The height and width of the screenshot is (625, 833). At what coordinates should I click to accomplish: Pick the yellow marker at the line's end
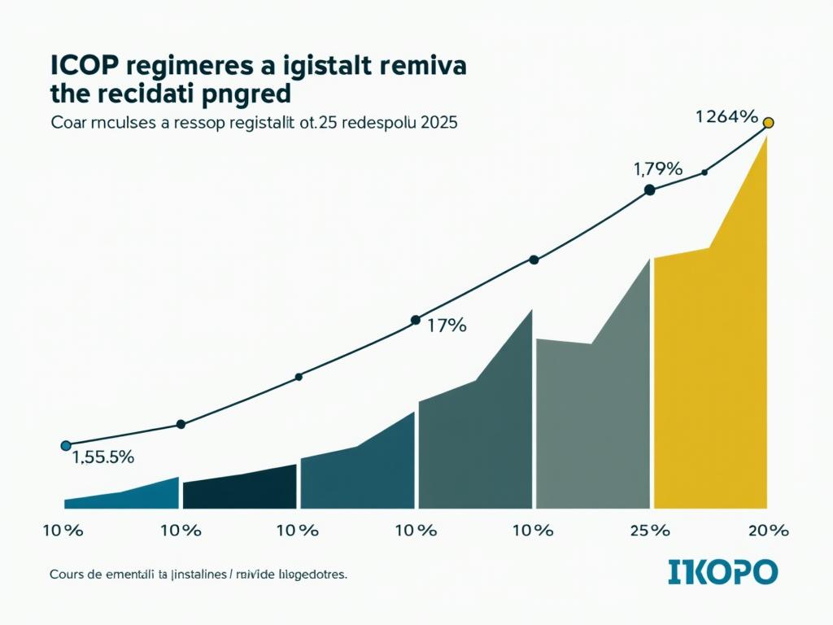768,124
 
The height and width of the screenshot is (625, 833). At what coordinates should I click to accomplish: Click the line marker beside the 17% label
416,320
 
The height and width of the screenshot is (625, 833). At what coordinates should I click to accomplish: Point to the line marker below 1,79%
649,190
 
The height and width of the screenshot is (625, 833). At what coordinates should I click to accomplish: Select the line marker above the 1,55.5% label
66,445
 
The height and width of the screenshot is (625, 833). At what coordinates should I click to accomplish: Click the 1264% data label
726,116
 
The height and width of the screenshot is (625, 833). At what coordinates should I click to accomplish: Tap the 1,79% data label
656,169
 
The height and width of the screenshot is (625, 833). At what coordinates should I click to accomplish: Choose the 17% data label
447,326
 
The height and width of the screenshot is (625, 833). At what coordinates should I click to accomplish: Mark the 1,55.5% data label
102,457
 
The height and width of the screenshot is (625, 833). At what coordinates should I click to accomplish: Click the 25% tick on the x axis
649,531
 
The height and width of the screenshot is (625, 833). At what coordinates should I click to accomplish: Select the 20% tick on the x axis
768,531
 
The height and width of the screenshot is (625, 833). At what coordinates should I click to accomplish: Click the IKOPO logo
722,571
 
